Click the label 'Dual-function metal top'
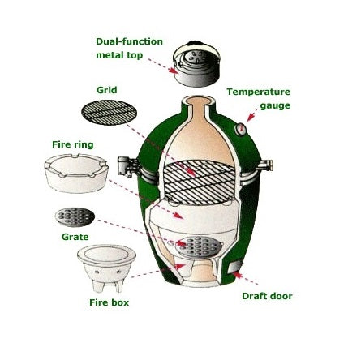[129, 48]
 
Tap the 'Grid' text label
[106, 89]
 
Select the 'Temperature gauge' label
[258, 98]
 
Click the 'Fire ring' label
[72, 144]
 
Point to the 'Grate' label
[75, 237]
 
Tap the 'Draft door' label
[267, 297]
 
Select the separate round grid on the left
[109, 114]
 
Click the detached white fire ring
[77, 173]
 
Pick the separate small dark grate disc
[75, 216]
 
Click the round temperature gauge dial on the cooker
[241, 129]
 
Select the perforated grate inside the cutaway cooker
[197, 245]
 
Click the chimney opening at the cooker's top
[199, 101]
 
